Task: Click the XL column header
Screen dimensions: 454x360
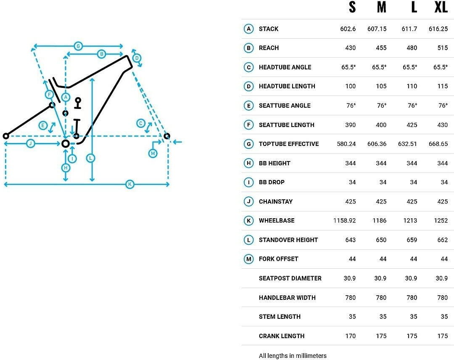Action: tap(441, 7)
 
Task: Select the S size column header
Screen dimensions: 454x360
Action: tap(352, 7)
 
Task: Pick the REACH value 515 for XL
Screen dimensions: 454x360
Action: tap(442, 48)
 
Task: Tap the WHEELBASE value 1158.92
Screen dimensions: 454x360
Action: tap(344, 220)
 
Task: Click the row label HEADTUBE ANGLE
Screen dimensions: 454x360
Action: tap(285, 67)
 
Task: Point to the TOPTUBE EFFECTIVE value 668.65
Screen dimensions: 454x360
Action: tap(438, 144)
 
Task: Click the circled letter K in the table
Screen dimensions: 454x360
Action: tap(249, 220)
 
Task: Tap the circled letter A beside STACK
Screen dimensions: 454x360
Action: tap(249, 29)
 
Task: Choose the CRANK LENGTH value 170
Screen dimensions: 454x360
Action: tap(350, 336)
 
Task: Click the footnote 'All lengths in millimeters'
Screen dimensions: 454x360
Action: tap(293, 356)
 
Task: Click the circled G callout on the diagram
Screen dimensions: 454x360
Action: tap(78, 46)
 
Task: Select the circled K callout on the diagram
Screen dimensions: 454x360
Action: tap(130, 184)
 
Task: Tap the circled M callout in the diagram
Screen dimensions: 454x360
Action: tap(153, 154)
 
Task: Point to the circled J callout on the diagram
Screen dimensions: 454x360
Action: tap(30, 144)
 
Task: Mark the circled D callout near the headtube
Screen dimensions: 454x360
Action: tap(136, 58)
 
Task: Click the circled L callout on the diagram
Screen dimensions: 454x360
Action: tap(91, 158)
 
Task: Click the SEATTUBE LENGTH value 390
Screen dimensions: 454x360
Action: tap(350, 125)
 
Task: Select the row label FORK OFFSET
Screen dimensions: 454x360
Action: tap(278, 259)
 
